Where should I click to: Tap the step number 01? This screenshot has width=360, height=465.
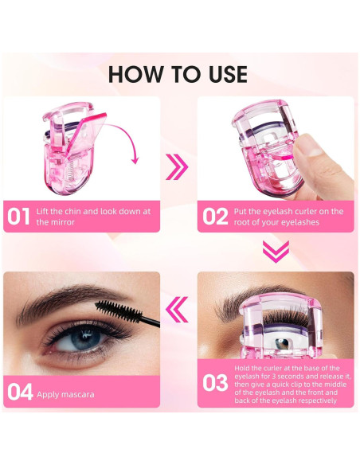click(x=18, y=217)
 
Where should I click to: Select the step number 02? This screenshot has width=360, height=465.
click(x=214, y=217)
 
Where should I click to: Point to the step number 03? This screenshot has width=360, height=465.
click(x=214, y=383)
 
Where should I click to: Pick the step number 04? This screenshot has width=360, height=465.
click(x=20, y=391)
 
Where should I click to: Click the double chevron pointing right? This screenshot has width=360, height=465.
click(x=178, y=166)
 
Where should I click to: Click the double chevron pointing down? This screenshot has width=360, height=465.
click(x=275, y=252)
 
